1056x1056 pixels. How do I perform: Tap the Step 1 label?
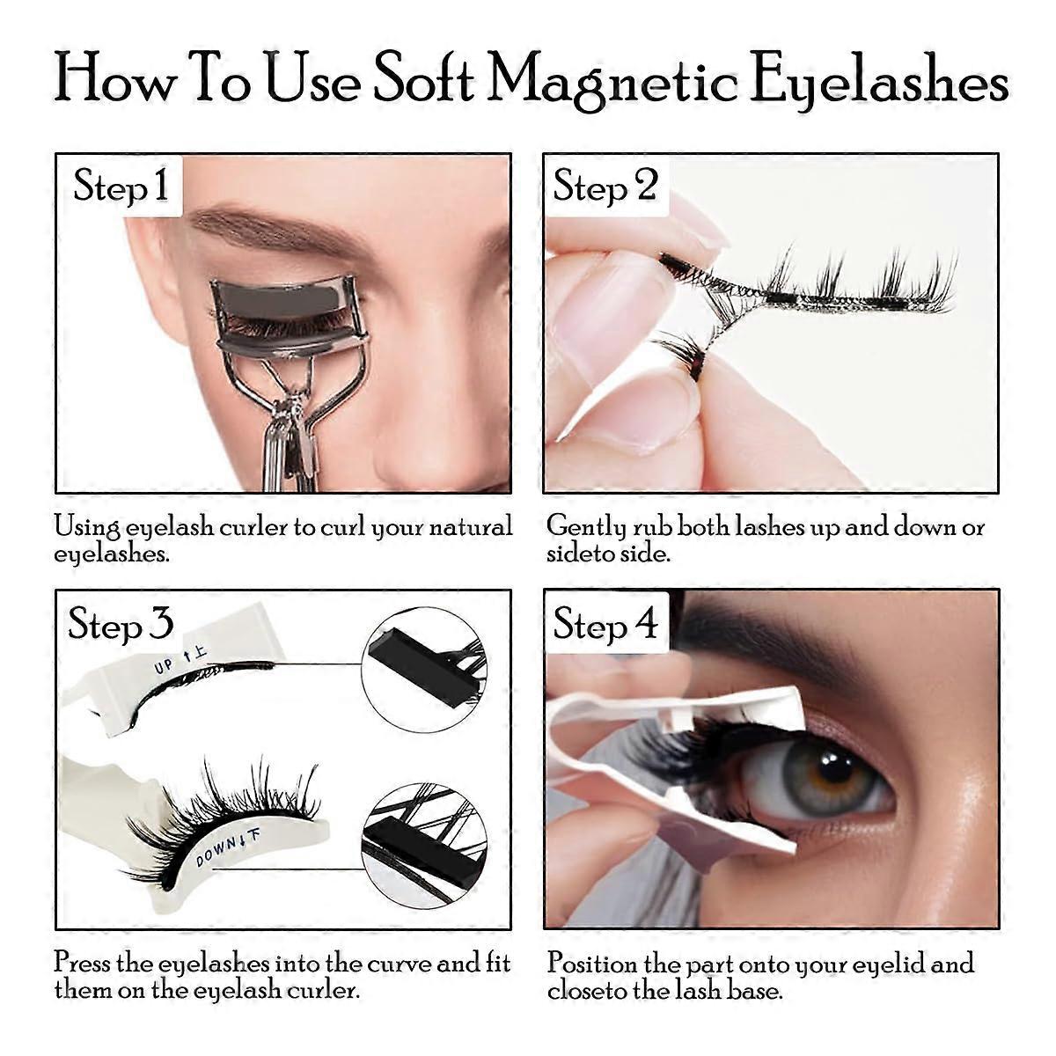point(121,186)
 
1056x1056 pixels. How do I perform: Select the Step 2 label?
point(605,186)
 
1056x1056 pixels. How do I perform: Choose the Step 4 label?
point(605,624)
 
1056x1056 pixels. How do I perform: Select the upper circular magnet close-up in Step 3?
point(425,670)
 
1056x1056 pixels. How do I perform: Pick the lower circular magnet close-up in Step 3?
point(425,845)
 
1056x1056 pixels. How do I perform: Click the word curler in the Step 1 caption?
point(254,527)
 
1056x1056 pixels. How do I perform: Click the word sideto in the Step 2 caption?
point(580,554)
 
